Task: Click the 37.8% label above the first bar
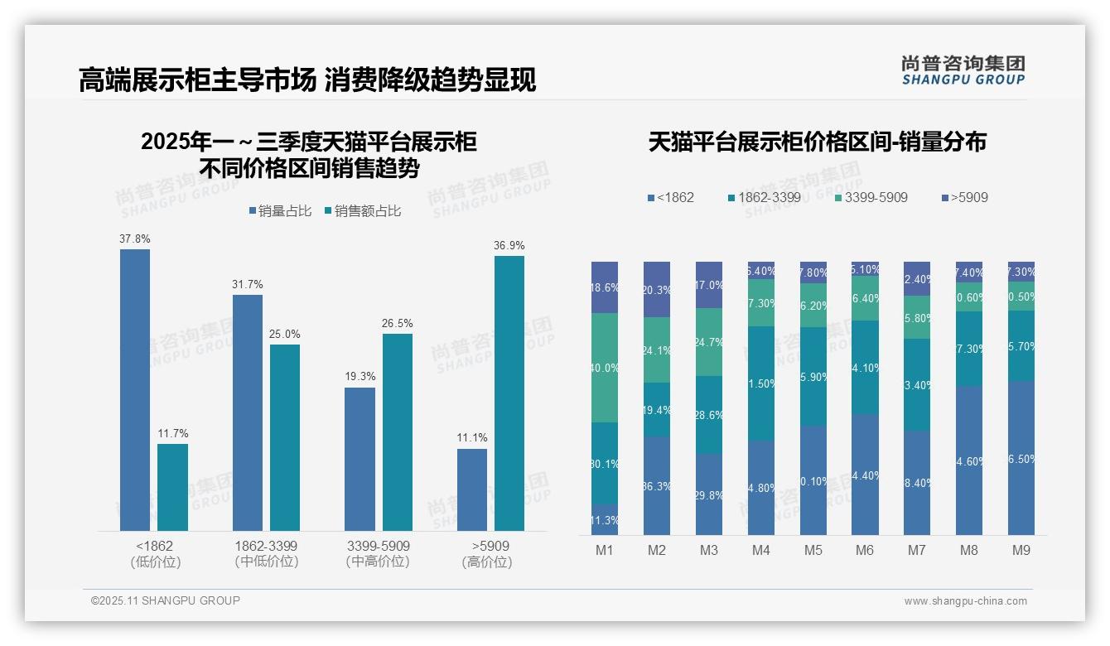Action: point(135,239)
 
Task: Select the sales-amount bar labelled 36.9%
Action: point(509,393)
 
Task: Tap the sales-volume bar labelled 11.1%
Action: point(472,489)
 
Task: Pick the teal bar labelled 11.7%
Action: point(173,487)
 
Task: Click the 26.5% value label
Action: point(397,323)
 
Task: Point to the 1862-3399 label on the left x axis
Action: point(266,546)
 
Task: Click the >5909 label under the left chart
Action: point(490,546)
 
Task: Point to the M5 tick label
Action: point(813,550)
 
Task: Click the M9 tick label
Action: point(1021,550)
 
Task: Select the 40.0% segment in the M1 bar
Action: point(605,368)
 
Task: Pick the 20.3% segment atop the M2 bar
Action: point(657,290)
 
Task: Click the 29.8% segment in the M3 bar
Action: point(709,494)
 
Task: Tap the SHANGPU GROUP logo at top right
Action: point(963,70)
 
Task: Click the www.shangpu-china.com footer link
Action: point(965,601)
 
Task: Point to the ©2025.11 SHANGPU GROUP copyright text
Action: point(166,600)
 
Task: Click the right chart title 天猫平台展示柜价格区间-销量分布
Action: point(817,142)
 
